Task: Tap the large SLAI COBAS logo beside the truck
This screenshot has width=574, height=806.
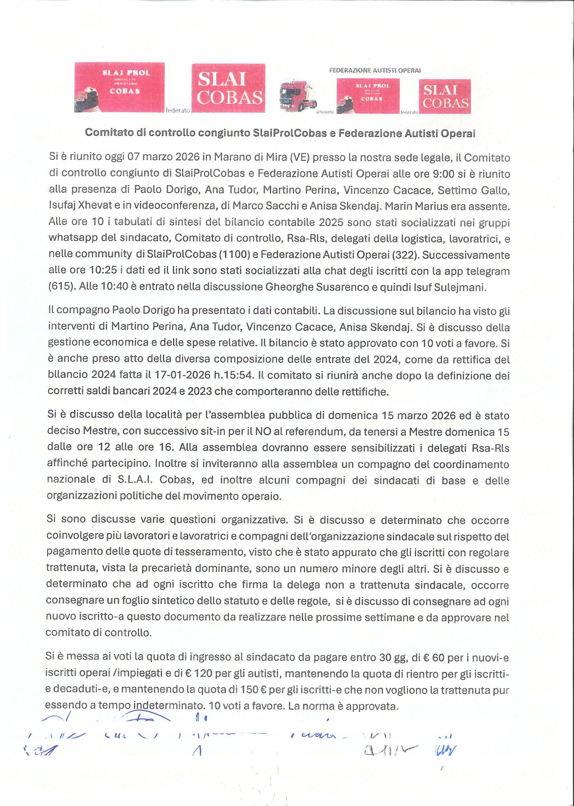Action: click(228, 88)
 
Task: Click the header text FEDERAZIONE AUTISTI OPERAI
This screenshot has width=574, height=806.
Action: click(375, 70)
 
